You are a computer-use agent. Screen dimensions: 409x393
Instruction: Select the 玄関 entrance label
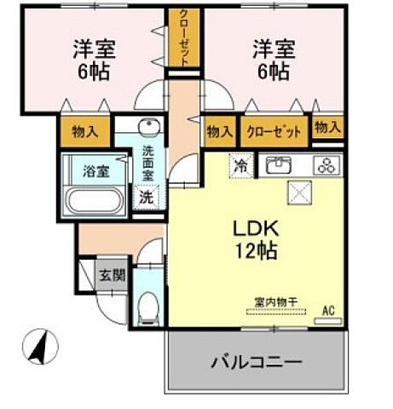coord(110,276)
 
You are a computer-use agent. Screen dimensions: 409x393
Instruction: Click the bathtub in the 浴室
coord(95,204)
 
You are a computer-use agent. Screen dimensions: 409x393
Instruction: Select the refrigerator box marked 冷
coord(241,165)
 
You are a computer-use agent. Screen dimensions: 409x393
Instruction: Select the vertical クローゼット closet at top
coord(183,36)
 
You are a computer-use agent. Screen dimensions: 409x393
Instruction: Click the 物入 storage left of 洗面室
coord(84,131)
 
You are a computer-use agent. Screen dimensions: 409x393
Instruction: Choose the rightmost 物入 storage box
coord(327,127)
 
